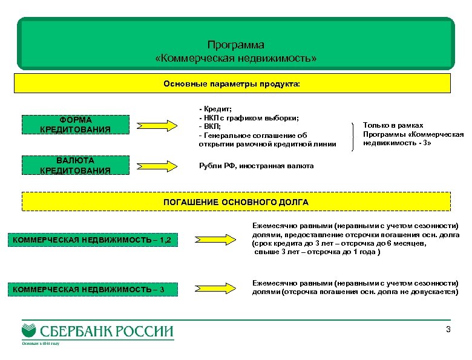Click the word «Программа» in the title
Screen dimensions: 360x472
[x=235, y=45]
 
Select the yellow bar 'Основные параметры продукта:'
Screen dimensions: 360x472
[x=235, y=83]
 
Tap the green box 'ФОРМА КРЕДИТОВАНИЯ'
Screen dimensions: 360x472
[x=75, y=125]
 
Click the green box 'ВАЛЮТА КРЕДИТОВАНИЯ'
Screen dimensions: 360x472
[x=75, y=165]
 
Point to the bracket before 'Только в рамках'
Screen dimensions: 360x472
[x=353, y=133]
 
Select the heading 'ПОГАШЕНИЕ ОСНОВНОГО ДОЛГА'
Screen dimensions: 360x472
[x=236, y=201]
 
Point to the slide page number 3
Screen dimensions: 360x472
[x=448, y=330]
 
